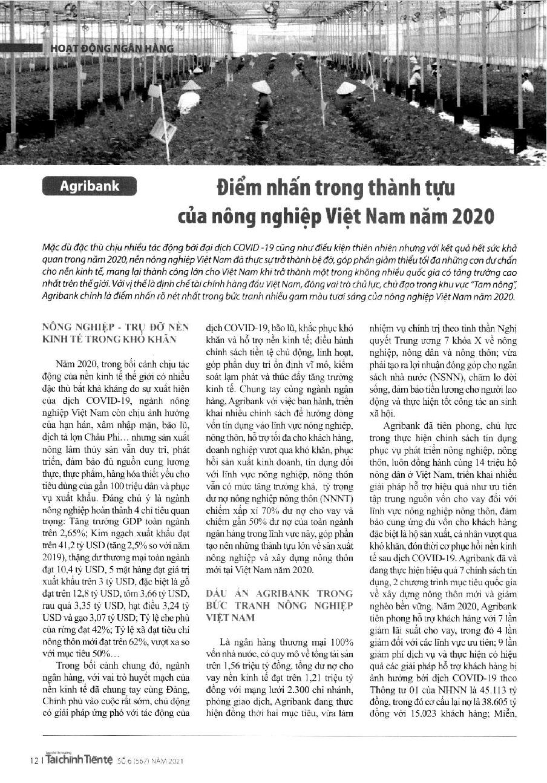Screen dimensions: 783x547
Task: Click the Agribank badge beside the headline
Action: (x=90, y=186)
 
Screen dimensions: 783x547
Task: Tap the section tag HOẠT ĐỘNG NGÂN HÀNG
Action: (x=113, y=48)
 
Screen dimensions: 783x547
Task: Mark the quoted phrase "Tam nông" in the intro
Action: (x=491, y=284)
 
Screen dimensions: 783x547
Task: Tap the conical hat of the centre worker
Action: (x=261, y=87)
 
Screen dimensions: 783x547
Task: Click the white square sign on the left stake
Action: (x=163, y=129)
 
